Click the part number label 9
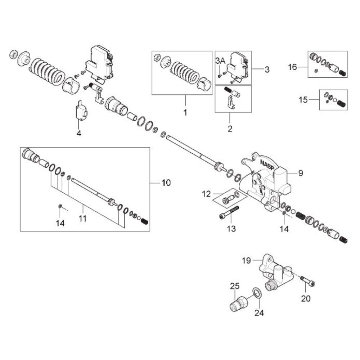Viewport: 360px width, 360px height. click(300, 173)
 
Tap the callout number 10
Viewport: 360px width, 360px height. click(166, 183)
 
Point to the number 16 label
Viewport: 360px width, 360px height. click(293, 67)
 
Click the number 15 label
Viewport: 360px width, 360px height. click(303, 100)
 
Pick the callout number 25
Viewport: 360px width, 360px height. click(235, 287)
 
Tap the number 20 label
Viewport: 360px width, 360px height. click(306, 298)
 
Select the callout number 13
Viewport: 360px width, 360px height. click(231, 228)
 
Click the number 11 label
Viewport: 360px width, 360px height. click(83, 218)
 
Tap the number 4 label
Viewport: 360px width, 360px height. click(79, 133)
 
